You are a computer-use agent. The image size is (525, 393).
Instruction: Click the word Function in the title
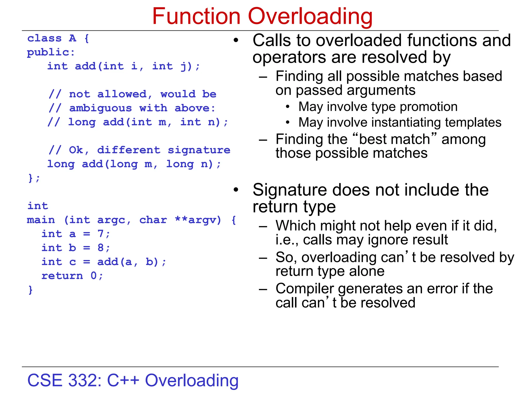[x=196, y=16]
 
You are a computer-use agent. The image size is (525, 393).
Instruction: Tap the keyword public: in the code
[x=51, y=52]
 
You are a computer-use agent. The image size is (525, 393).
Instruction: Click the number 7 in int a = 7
[x=100, y=234]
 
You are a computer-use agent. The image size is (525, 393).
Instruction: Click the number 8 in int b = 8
[x=100, y=248]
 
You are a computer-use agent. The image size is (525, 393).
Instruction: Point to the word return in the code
[x=62, y=276]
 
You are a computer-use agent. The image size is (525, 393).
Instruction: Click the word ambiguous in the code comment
[x=100, y=108]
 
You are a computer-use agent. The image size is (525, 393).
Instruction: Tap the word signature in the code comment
[x=199, y=150]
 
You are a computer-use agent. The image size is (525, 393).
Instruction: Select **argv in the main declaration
[x=198, y=220]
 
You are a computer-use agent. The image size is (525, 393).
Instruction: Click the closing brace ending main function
[x=31, y=290]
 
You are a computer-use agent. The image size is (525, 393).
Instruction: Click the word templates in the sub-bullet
[x=473, y=122]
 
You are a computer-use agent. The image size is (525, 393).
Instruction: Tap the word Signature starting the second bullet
[x=289, y=190]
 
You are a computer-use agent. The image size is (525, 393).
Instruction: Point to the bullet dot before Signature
[x=236, y=190]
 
